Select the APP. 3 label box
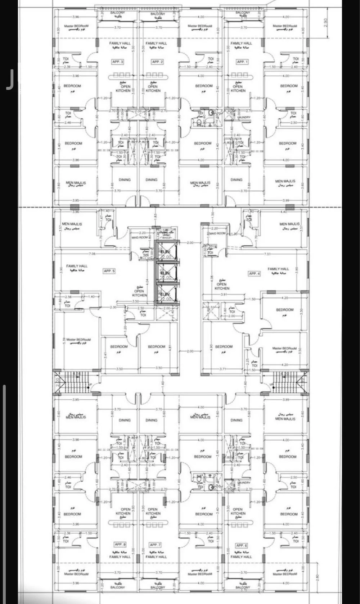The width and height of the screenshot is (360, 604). click(x=118, y=62)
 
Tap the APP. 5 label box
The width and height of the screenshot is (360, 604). click(x=109, y=271)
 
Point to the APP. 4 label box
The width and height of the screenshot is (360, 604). click(x=254, y=274)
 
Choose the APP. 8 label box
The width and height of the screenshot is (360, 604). click(x=120, y=544)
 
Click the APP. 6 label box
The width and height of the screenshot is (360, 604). click(x=241, y=545)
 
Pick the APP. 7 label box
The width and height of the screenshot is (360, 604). click(x=156, y=545)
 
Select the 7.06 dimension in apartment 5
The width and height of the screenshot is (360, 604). click(x=91, y=254)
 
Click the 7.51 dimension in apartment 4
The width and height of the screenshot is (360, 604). click(x=267, y=254)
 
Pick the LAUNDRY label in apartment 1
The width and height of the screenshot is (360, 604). click(x=243, y=117)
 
